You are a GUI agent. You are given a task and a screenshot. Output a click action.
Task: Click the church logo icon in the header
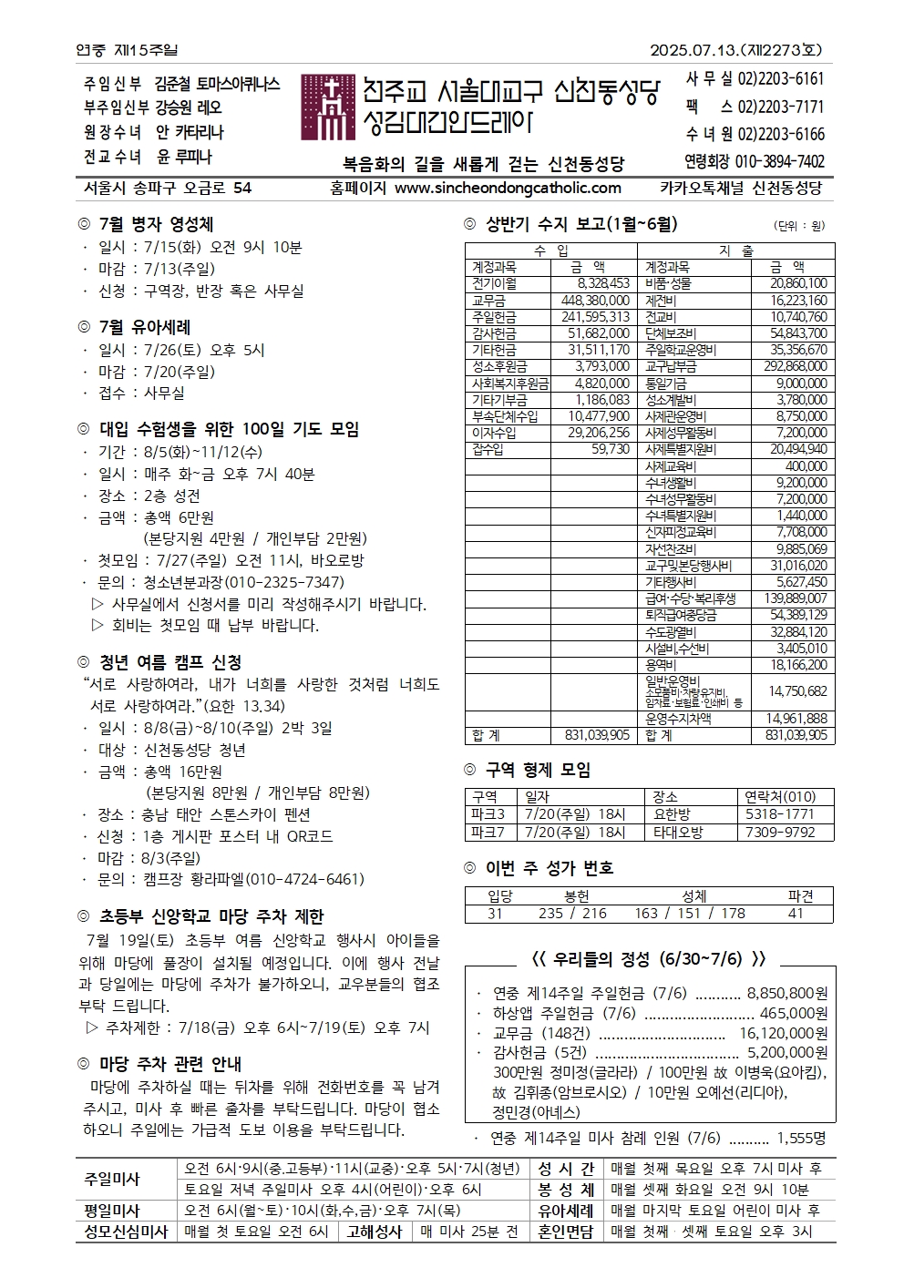click(x=327, y=107)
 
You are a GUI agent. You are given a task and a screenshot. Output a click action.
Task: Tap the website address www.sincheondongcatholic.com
click(x=508, y=188)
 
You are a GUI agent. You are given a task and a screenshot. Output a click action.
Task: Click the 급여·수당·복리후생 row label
click(x=690, y=598)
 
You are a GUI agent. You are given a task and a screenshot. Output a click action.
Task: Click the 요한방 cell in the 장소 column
click(x=672, y=814)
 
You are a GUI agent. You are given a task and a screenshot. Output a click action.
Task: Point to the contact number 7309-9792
click(x=779, y=832)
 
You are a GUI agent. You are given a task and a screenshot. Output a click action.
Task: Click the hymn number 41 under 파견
click(x=796, y=913)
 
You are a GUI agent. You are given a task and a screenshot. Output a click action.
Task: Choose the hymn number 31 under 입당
click(x=495, y=913)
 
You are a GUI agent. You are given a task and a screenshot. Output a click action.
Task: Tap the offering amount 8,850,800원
click(x=786, y=993)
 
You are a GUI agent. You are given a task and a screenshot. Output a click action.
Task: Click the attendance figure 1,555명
click(x=801, y=1138)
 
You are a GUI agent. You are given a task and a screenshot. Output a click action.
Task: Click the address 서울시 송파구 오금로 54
click(x=167, y=188)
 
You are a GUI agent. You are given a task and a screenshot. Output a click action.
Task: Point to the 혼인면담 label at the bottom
click(x=565, y=1232)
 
